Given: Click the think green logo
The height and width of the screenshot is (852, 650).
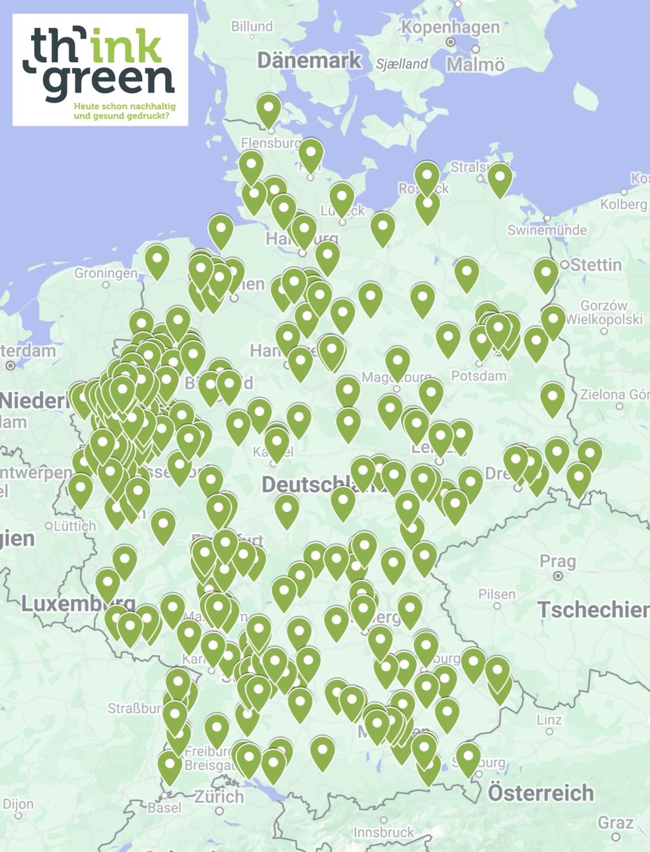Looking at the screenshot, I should (100, 69).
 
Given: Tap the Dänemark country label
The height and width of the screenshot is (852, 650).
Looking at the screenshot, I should (308, 61).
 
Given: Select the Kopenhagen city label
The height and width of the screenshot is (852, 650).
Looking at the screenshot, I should (450, 27).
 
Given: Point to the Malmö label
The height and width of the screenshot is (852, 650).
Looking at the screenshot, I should (475, 65).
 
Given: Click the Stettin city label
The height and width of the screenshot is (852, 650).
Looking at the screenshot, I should (595, 265).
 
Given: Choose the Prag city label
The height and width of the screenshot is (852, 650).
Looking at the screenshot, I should (558, 561).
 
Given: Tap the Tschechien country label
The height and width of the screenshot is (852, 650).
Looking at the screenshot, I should (594, 610).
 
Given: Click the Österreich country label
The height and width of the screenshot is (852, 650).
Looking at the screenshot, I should (541, 793).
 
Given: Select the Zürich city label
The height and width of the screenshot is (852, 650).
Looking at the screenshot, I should (218, 797).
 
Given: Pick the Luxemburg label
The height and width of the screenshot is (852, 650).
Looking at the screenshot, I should (77, 603).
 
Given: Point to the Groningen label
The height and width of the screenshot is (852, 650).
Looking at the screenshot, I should (105, 273).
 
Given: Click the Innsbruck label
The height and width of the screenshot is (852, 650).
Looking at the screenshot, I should (384, 832).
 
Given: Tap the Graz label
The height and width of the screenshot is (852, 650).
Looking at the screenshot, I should (616, 823).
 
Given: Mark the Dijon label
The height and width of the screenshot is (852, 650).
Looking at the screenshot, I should (18, 804).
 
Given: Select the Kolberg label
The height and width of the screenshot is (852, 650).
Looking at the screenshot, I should (623, 204).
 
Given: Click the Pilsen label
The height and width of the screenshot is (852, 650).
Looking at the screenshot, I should (496, 594).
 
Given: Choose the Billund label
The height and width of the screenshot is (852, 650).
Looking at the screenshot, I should (252, 27).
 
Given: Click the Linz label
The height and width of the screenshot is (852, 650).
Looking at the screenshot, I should (549, 719).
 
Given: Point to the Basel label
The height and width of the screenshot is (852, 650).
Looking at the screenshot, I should (164, 808).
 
